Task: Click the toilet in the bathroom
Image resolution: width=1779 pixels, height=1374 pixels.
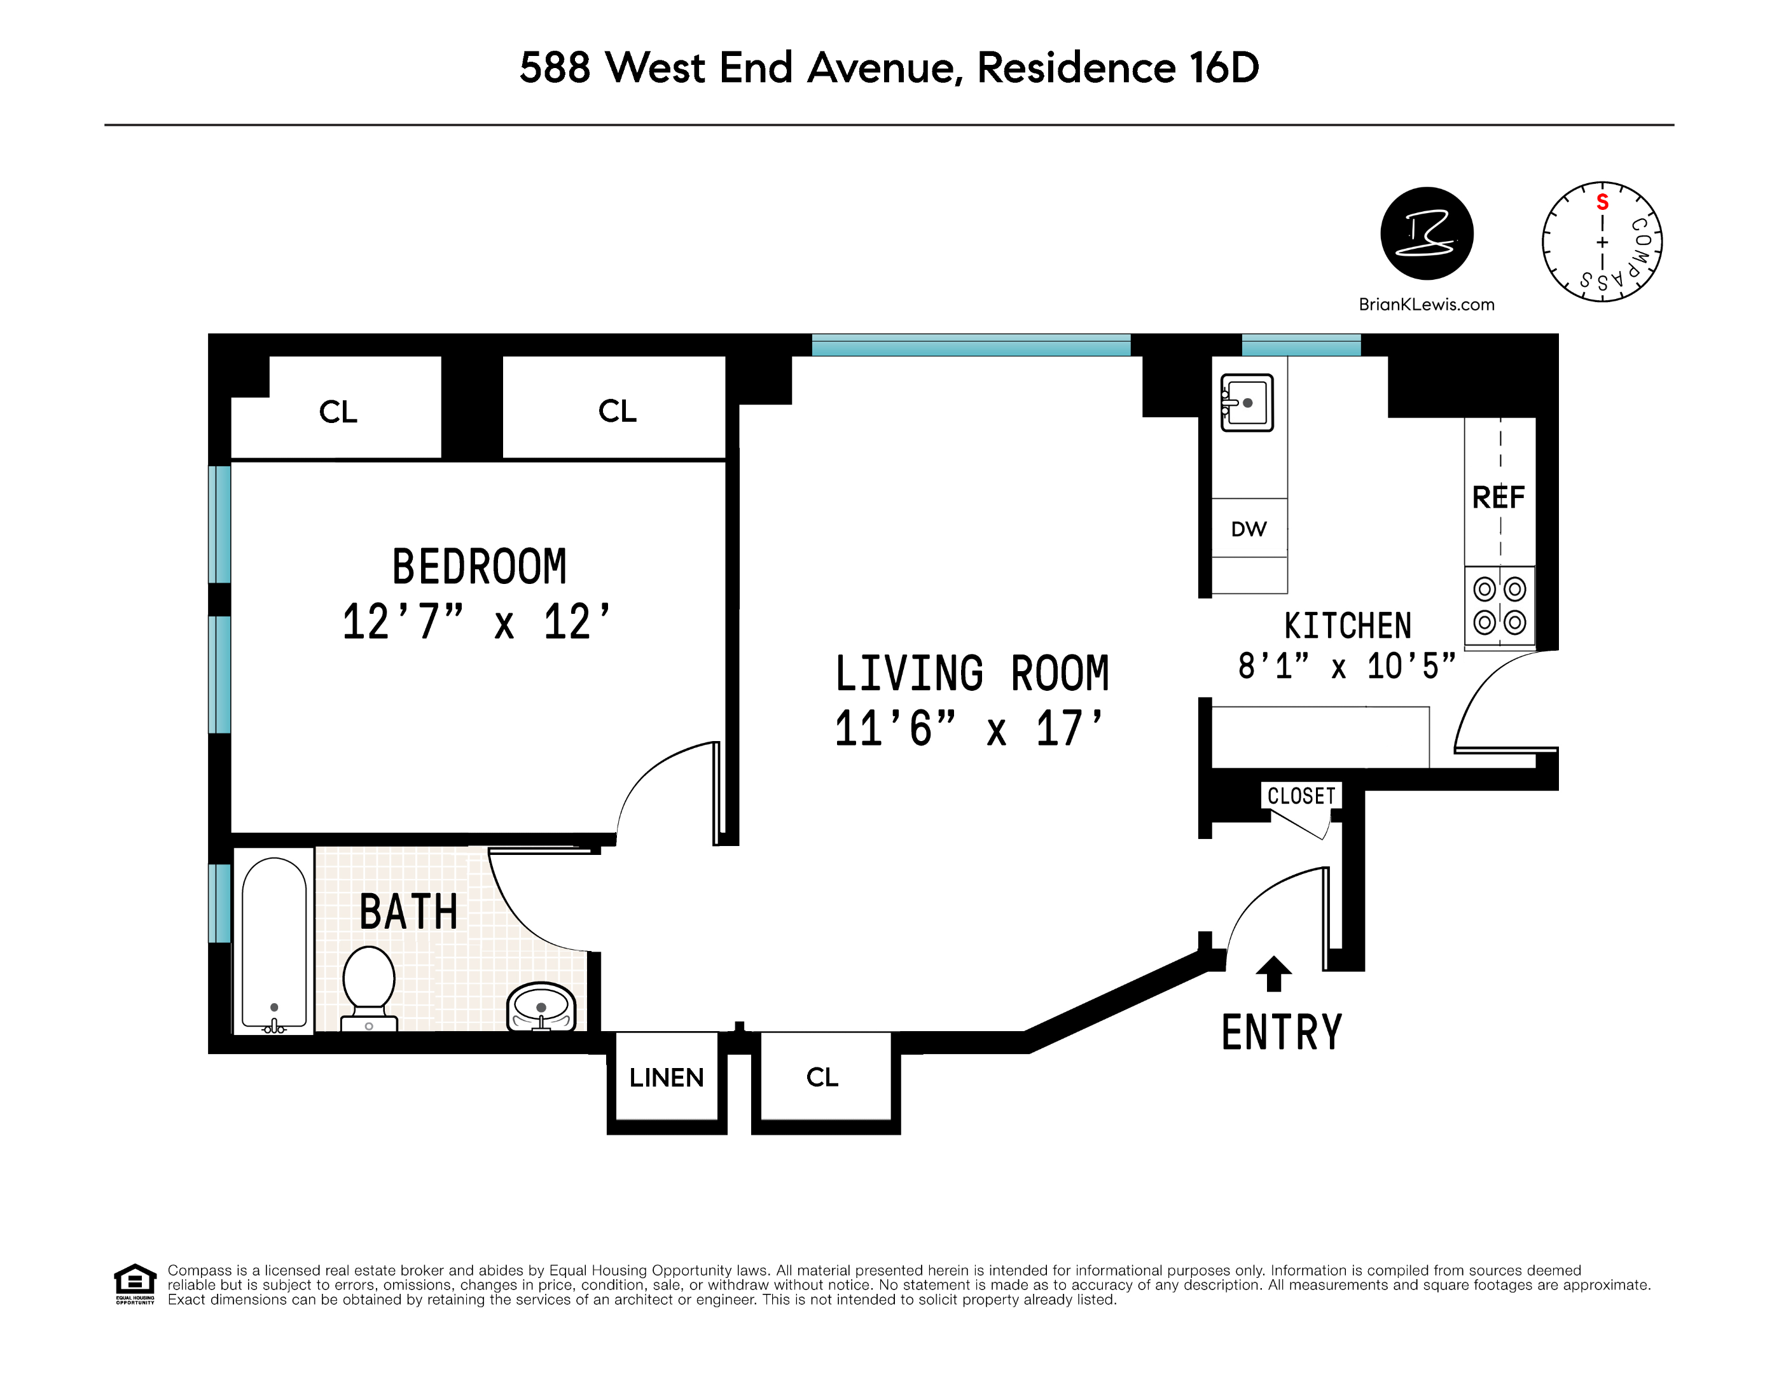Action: pos(369,988)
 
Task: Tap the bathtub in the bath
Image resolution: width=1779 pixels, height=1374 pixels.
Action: pos(275,942)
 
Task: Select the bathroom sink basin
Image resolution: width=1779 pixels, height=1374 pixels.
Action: pos(541,1008)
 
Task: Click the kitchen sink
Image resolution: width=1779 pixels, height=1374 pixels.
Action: pos(1246,403)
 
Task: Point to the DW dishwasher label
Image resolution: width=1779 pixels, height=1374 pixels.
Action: pos(1249,529)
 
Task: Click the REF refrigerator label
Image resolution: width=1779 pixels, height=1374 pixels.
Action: pos(1498,497)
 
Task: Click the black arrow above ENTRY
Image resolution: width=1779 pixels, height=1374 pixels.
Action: pos(1274,973)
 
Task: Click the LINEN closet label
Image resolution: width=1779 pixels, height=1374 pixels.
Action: pos(667,1078)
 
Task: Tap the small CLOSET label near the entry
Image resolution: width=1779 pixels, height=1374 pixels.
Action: pos(1302,796)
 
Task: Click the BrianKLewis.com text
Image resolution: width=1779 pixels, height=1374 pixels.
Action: pos(1426,305)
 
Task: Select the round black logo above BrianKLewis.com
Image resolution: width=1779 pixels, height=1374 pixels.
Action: pos(1427,233)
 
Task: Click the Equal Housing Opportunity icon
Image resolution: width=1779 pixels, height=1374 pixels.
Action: pos(135,1284)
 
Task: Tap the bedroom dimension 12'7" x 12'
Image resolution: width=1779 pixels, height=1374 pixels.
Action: pos(476,622)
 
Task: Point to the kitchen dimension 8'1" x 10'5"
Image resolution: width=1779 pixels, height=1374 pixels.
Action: pos(1346,666)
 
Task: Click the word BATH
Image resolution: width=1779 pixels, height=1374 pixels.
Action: pos(409,912)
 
